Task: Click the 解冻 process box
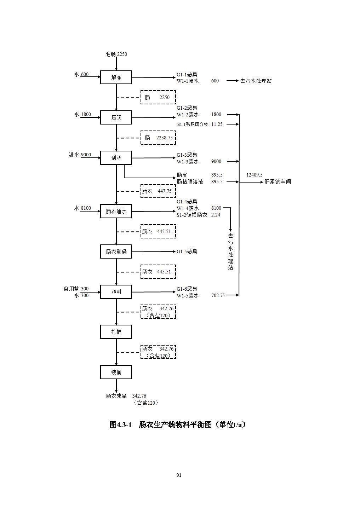click(x=116, y=77)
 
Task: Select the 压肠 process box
click(x=116, y=117)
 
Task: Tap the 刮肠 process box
click(x=116, y=158)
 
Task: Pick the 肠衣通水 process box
click(x=116, y=211)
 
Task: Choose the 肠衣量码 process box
click(x=116, y=251)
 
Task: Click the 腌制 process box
click(x=116, y=292)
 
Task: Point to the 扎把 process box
click(x=116, y=332)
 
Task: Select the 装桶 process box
click(x=116, y=372)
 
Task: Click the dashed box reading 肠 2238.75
click(x=158, y=138)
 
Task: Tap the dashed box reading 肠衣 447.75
click(x=158, y=191)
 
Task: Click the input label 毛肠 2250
click(x=116, y=54)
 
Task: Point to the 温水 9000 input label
click(x=80, y=155)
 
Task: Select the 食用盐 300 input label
click(x=76, y=289)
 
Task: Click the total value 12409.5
click(x=254, y=175)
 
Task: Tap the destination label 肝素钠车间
click(x=278, y=182)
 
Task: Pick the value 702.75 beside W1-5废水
click(x=218, y=295)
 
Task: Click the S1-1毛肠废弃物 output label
click(x=193, y=124)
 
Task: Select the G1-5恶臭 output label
click(x=187, y=251)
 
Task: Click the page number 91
click(x=179, y=475)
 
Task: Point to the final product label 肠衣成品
click(x=116, y=396)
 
